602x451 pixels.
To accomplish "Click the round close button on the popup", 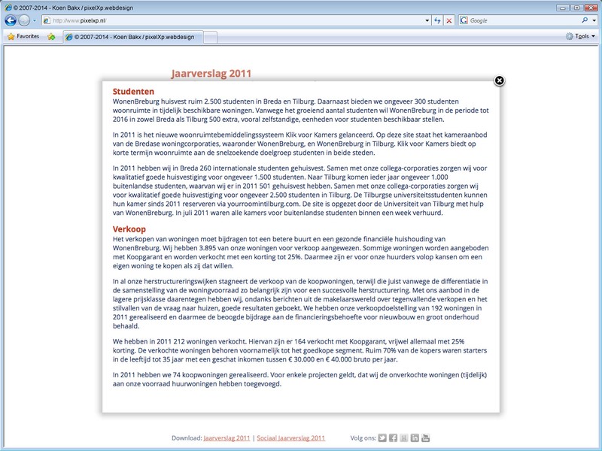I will (x=499, y=80).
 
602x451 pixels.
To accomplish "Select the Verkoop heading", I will (x=129, y=229).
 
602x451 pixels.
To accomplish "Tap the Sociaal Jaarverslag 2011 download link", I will (x=290, y=437).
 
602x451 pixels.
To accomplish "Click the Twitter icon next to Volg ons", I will (x=382, y=437).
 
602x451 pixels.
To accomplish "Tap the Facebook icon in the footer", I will (x=393, y=437).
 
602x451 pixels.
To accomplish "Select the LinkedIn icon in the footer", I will (x=415, y=437).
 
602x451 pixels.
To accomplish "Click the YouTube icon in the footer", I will (x=425, y=437).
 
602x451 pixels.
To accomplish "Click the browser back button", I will (x=11, y=20).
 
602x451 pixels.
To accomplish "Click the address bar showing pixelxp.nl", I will (x=226, y=20).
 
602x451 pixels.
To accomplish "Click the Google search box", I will (x=519, y=20).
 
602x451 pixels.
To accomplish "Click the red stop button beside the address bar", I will (x=449, y=20).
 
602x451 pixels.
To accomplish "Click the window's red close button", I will (x=591, y=7).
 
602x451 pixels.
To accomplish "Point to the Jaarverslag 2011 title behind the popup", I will (x=211, y=73).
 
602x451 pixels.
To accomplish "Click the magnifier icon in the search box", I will (x=585, y=20).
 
